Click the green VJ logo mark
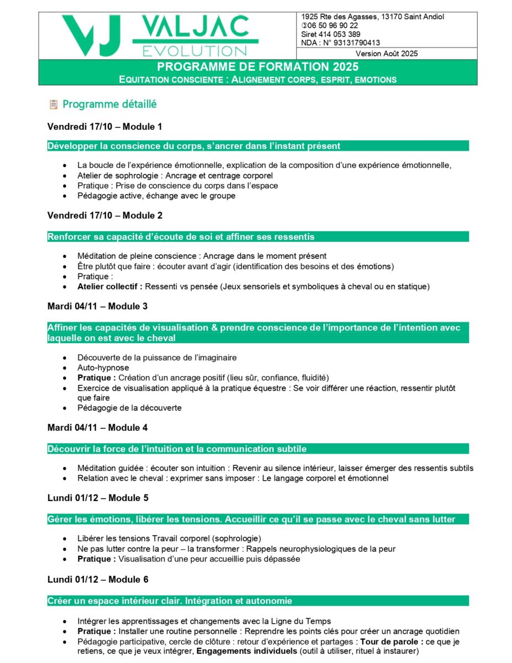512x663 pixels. pos(91,35)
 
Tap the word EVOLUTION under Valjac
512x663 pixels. pos(194,51)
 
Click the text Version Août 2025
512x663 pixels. pos(387,54)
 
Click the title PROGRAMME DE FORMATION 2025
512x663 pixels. pos(257,67)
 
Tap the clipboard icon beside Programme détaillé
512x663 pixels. pos(54,104)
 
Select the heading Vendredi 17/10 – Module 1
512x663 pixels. pos(105,127)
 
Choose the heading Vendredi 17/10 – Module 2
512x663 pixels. pos(105,215)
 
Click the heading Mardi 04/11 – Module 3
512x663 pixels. pos(97,306)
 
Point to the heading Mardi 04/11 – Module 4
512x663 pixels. pos(97,428)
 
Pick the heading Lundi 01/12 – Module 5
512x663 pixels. pos(98,498)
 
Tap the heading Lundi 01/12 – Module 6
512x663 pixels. pos(98,579)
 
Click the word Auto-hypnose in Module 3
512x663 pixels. pos(103,367)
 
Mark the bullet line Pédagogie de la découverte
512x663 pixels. pos(129,408)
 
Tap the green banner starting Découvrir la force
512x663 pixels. pos(257,449)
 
